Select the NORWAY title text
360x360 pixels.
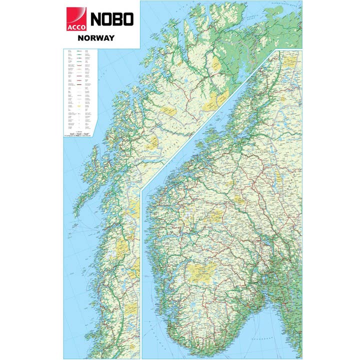tap(96, 38)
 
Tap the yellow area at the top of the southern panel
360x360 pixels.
tap(290, 61)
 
